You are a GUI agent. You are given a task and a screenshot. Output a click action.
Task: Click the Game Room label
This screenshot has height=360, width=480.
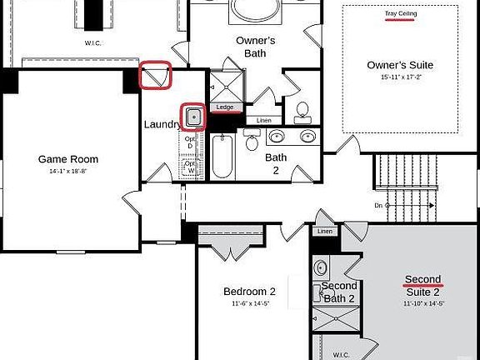point(68,159)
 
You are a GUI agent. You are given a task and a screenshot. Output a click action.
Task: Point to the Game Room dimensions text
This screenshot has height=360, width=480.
point(68,170)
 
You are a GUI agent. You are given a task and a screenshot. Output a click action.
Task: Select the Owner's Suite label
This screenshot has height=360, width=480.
point(400,65)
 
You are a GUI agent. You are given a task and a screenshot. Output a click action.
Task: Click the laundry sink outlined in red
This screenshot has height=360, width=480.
point(193,117)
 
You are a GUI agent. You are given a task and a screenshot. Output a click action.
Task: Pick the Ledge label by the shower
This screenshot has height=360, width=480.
point(225,107)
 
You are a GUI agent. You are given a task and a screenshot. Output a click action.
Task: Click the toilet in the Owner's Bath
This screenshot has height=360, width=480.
point(302,111)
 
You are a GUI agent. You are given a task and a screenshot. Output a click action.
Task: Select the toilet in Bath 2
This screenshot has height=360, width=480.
point(252,141)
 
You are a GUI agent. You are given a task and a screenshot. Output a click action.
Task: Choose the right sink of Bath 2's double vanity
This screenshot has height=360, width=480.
point(308,137)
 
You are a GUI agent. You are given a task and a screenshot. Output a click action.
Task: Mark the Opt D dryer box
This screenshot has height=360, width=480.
point(190,142)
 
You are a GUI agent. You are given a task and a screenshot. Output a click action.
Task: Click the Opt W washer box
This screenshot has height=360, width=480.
point(190,167)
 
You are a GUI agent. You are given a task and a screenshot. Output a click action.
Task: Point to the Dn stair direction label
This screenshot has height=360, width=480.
point(379,204)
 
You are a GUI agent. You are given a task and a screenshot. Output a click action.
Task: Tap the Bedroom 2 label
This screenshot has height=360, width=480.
point(249,292)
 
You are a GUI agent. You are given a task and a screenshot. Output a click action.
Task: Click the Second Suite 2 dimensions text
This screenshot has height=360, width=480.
point(423,303)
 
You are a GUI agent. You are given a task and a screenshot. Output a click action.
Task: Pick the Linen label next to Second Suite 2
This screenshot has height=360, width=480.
point(325,231)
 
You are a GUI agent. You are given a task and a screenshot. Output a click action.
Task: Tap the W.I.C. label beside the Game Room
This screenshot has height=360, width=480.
point(92,43)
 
